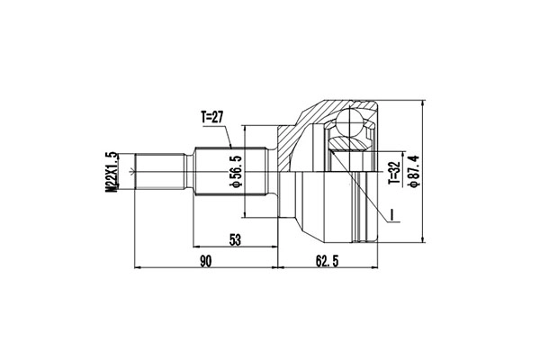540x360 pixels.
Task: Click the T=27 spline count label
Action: click(214, 117)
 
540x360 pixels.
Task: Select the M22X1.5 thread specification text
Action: click(112, 170)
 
